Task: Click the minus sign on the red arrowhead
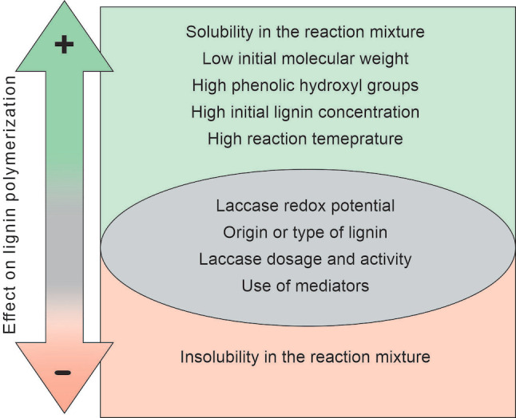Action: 63,372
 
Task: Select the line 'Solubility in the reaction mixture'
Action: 305,33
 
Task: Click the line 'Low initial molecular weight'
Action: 305,59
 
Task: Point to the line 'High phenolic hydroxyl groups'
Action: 305,85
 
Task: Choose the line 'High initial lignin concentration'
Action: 305,112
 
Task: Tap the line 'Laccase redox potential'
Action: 305,206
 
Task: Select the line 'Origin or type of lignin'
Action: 305,232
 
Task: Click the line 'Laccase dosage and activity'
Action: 305,258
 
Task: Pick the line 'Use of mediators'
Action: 305,285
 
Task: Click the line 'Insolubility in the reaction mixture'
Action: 305,357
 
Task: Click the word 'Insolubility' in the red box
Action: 219,357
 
